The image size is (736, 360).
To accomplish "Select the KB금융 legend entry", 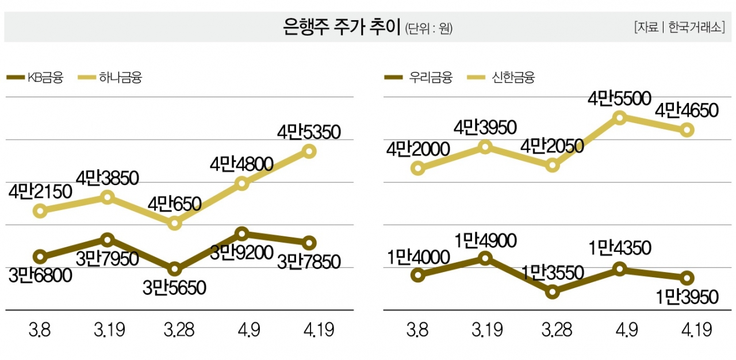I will pyautogui.click(x=34, y=77).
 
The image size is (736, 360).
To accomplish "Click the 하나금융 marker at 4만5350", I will pyautogui.click(x=309, y=151).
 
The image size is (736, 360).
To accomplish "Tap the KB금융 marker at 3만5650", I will pyautogui.click(x=174, y=269).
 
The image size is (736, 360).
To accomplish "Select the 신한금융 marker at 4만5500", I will pyautogui.click(x=619, y=117).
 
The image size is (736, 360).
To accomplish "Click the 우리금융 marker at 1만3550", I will pyautogui.click(x=553, y=292).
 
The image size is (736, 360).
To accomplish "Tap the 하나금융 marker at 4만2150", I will pyautogui.click(x=40, y=210).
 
